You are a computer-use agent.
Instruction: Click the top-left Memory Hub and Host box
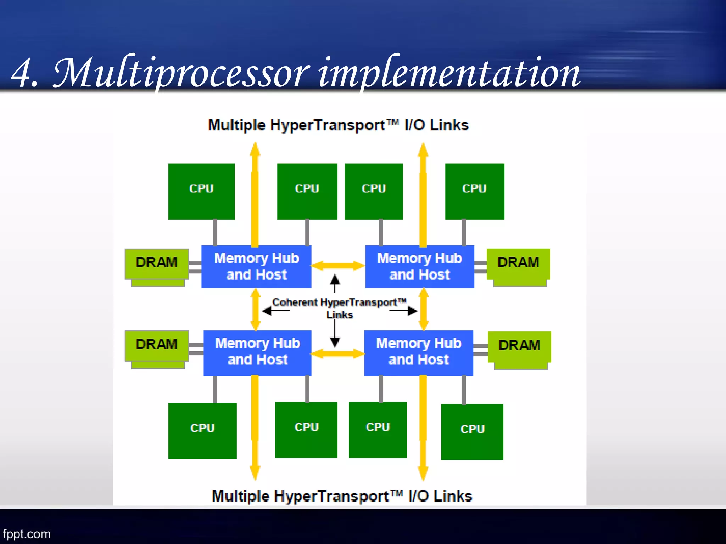click(256, 266)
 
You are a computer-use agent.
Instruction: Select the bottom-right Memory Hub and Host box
click(419, 353)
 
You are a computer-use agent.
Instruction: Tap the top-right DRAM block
click(518, 263)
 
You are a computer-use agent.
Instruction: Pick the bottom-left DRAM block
click(156, 345)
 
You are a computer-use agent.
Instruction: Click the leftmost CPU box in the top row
click(201, 191)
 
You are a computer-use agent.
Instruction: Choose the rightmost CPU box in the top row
click(474, 191)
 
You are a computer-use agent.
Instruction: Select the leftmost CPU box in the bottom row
click(202, 430)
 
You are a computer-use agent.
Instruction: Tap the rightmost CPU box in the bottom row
click(472, 431)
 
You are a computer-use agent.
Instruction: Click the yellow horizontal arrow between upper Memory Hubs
click(338, 266)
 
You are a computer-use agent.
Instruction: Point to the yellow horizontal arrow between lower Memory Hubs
click(338, 353)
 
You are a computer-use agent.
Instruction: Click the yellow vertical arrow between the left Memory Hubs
click(256, 310)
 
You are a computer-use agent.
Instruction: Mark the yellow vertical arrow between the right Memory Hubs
click(424, 310)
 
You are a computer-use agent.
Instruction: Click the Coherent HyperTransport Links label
click(339, 307)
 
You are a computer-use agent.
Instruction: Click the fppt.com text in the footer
click(27, 534)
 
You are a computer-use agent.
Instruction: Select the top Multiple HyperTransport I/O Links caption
click(338, 125)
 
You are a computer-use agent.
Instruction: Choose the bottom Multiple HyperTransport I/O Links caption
click(342, 496)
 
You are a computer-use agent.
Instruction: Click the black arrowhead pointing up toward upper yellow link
click(335, 280)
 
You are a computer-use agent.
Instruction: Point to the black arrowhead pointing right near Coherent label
click(412, 311)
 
